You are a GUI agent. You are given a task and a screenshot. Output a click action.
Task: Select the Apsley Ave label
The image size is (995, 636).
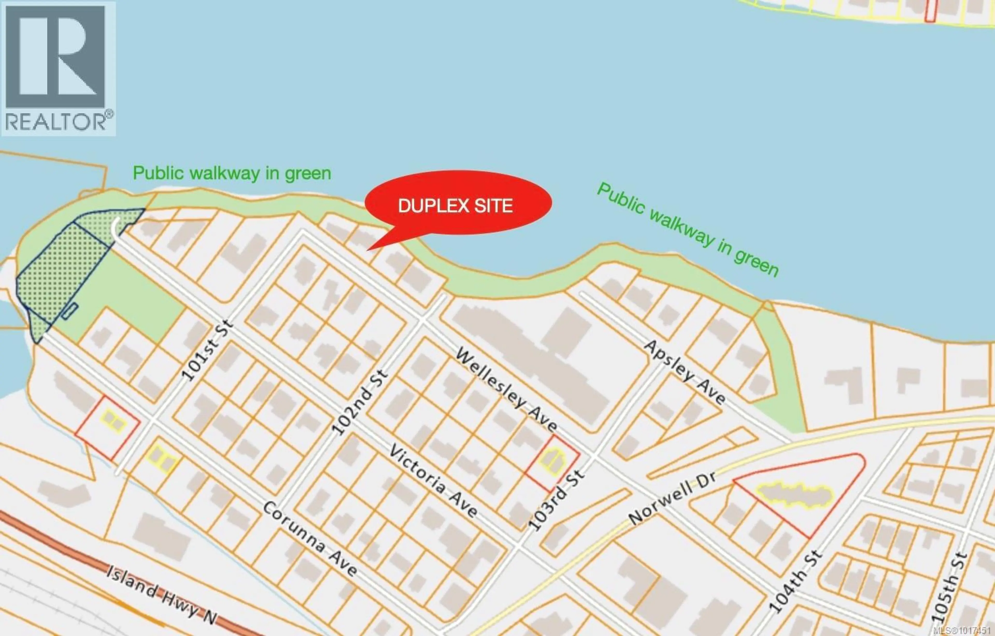[x=684, y=372]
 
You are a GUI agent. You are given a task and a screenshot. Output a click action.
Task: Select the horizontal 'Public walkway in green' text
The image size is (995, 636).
[x=232, y=173]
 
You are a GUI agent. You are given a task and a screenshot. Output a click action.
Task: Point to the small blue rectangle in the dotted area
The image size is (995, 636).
[x=70, y=311]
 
